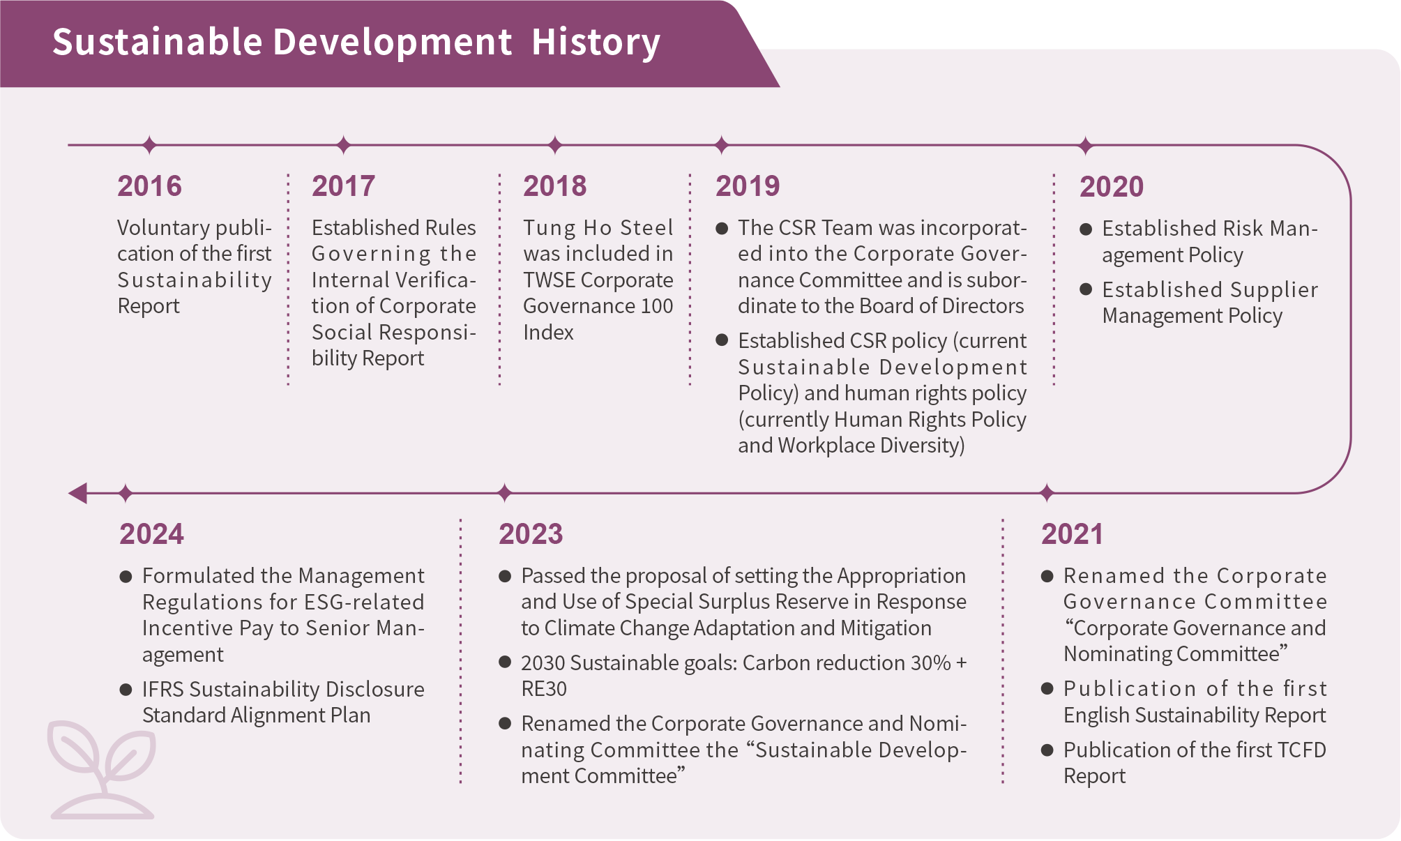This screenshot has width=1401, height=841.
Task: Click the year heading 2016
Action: pyautogui.click(x=149, y=186)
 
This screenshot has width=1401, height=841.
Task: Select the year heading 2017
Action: pyautogui.click(x=343, y=186)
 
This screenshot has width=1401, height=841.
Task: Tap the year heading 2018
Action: pyautogui.click(x=555, y=186)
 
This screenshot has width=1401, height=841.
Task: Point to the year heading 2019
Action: pyautogui.click(x=748, y=186)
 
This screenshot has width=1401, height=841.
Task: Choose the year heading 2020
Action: pyautogui.click(x=1112, y=187)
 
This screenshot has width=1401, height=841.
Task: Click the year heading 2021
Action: pyautogui.click(x=1073, y=534)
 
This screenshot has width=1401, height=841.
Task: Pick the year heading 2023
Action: pyautogui.click(x=531, y=534)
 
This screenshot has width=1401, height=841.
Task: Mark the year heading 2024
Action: pyautogui.click(x=151, y=534)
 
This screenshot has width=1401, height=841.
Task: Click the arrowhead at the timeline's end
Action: pyautogui.click(x=77, y=493)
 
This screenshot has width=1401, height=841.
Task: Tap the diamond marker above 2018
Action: pyautogui.click(x=555, y=145)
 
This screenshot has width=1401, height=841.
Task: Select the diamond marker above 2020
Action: pyautogui.click(x=1085, y=146)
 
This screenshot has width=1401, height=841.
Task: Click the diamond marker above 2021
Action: pyautogui.click(x=1047, y=493)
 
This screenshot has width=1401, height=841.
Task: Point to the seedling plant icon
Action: pyautogui.click(x=102, y=769)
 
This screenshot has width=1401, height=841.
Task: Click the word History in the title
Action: pyautogui.click(x=596, y=42)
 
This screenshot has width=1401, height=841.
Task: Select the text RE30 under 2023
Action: pyautogui.click(x=544, y=689)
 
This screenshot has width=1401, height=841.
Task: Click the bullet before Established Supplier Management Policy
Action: pyautogui.click(x=1086, y=289)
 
